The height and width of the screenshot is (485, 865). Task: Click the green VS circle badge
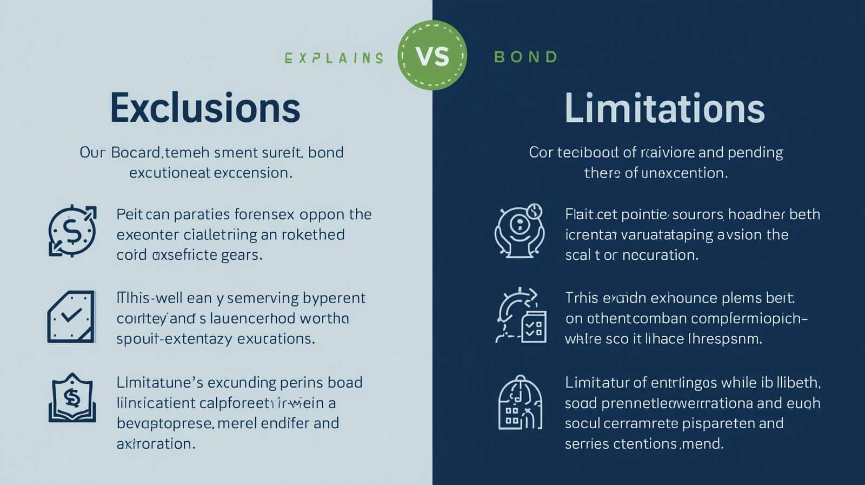432,55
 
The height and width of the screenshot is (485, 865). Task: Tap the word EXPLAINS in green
334,58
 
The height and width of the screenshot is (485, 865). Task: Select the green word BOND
525,57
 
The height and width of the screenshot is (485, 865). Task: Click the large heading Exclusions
205,108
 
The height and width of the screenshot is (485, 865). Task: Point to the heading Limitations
664,108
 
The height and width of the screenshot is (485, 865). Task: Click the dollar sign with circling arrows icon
72,231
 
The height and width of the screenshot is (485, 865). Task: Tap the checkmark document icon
71,317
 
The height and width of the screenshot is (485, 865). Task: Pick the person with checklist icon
521,316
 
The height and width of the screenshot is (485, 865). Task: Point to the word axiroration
156,444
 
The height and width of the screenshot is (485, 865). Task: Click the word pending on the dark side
755,153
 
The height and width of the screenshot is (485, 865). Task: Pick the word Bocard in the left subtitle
136,153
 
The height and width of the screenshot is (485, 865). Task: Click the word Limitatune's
159,383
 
